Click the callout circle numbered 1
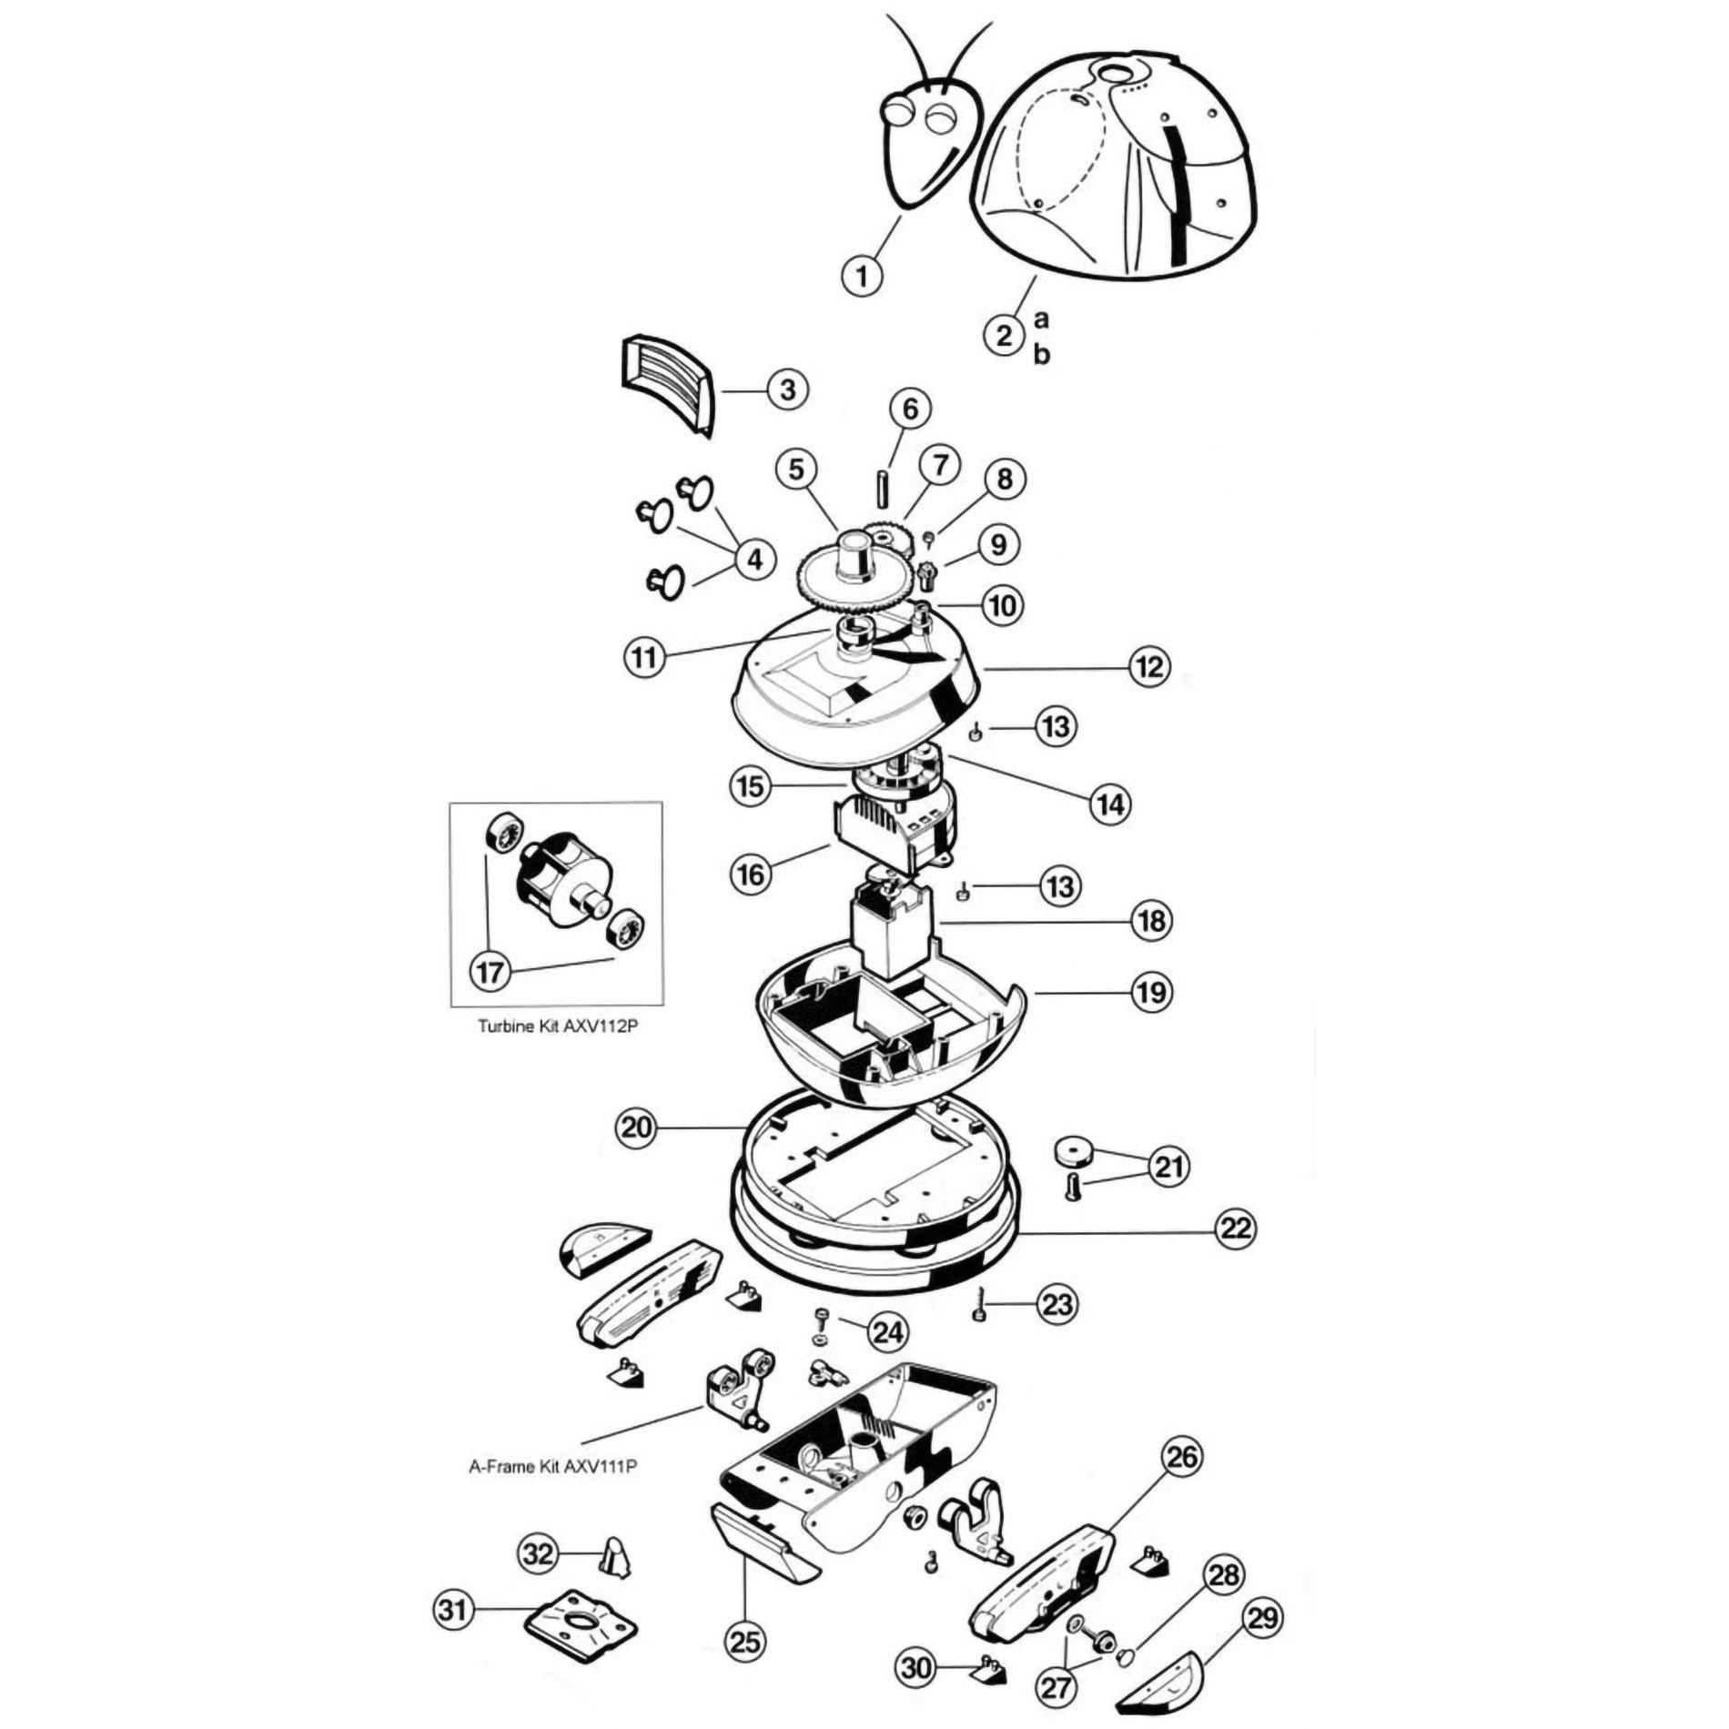[863, 274]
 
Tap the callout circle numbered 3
[787, 389]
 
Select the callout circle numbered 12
[1149, 667]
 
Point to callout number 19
[1151, 991]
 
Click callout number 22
[1235, 1228]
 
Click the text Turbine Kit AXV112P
[558, 1026]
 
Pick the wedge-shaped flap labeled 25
[763, 1542]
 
